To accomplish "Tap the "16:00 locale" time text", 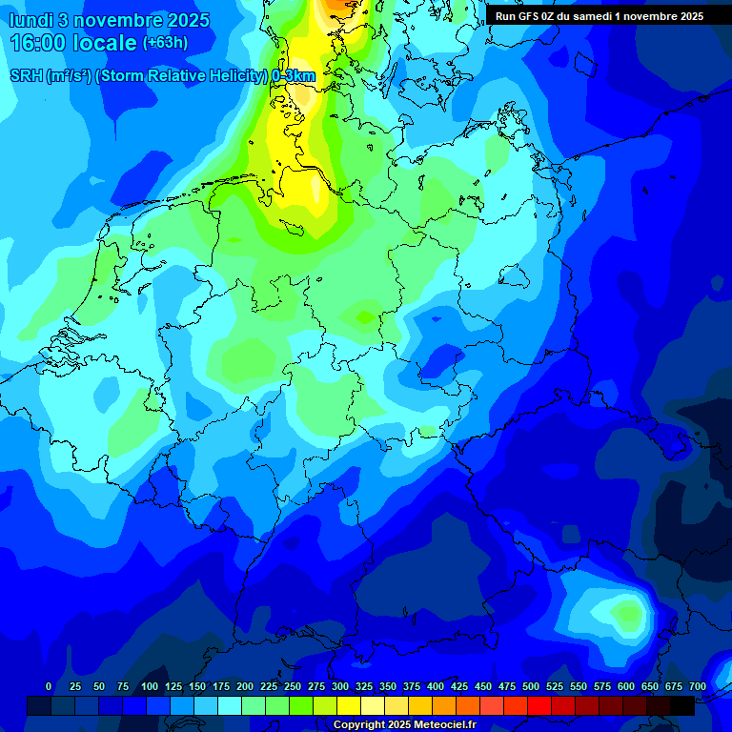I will point(74,43).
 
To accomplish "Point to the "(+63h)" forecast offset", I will point(165,42).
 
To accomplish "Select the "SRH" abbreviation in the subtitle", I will point(27,76).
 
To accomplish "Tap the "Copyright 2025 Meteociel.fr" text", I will point(404,725).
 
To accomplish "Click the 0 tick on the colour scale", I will point(49,686).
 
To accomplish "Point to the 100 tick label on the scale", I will point(150,686).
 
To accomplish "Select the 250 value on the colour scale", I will point(293,686).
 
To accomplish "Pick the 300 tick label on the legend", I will point(340,686).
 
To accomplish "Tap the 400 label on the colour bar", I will point(436,686).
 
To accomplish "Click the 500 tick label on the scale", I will point(531,686).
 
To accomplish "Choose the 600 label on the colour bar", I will point(626,686).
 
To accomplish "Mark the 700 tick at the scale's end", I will point(698,686).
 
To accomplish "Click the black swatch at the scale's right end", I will point(682,705).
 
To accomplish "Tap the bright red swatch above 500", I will point(539,705).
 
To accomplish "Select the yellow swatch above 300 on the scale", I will point(349,705).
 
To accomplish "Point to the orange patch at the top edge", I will point(334,5).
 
